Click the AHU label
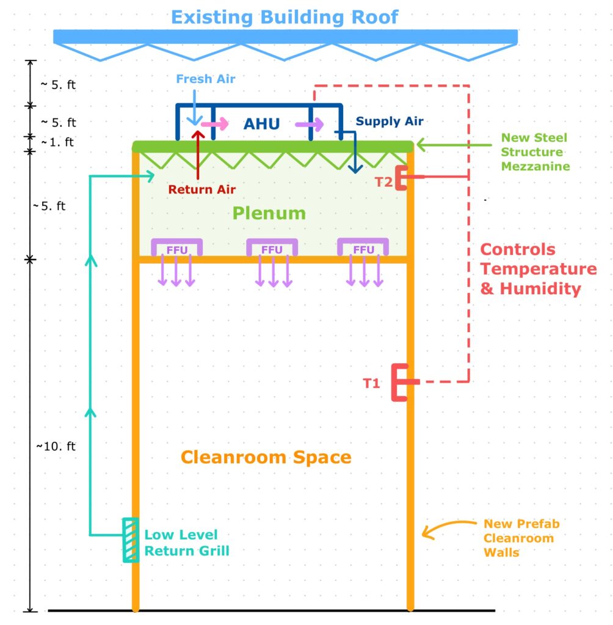pos(262,124)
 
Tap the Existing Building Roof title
pos(285,17)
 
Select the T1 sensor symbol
pos(401,382)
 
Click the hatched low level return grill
pos(131,540)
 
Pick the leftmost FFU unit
pos(176,247)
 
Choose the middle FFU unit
pos(272,247)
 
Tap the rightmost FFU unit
pos(363,247)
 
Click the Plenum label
pos(269,213)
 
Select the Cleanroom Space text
pos(266,457)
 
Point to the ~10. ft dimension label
pos(56,446)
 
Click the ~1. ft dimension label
pos(57,142)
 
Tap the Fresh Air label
pos(206,79)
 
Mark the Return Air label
pos(202,189)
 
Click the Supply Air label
pos(390,121)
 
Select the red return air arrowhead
pos(198,134)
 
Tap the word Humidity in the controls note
pos(540,289)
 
